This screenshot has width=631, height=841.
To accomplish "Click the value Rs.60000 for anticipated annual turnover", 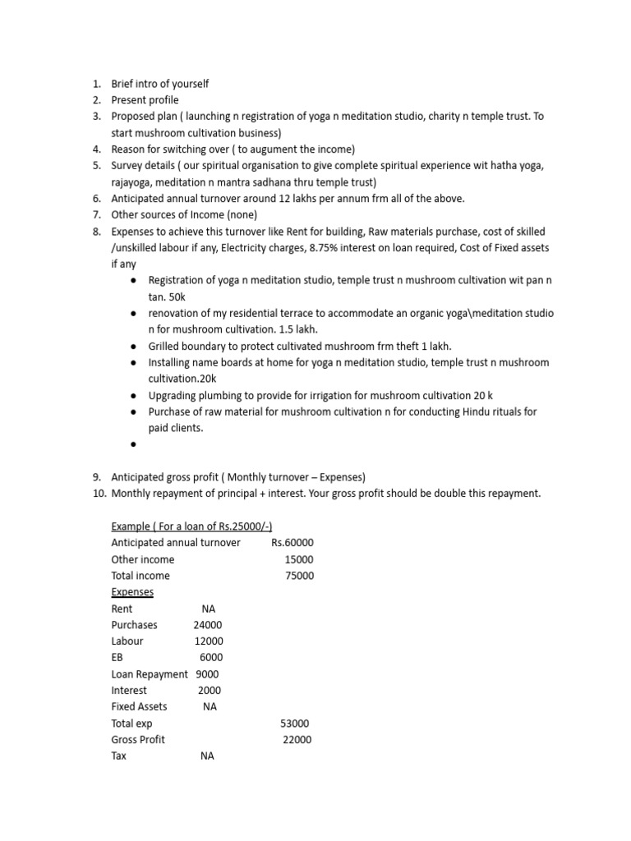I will pos(292,543).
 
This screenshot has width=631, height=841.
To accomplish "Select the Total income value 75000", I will pos(299,576).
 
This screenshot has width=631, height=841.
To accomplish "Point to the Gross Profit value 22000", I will pos(297,739).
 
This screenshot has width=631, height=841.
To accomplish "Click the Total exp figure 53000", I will pos(295,723).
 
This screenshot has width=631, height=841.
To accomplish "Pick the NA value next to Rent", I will pos(208,609).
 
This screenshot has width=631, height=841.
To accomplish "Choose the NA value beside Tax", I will pos(207,756).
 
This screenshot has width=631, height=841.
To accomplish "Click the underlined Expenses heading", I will pos(132,592).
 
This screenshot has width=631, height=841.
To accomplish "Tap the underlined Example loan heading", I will pos(191,526).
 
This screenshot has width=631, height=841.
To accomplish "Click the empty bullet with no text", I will pos(133,444).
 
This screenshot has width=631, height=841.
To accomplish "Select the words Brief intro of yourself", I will pos(160,84).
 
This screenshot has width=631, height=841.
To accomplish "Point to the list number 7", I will pos(96,215).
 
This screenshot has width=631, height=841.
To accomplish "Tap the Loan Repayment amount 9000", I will pos(207,674).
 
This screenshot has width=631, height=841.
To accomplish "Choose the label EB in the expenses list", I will pos(117,658).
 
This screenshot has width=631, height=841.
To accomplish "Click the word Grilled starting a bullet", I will pos(166,346).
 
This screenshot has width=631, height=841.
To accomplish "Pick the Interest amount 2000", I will pos(210,691).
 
